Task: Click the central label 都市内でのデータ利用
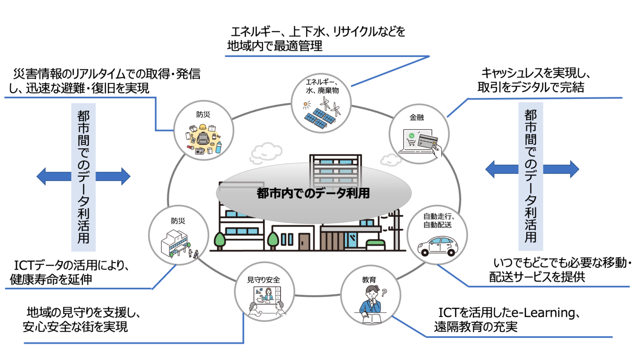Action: click(x=313, y=193)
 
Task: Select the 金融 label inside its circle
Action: click(x=416, y=118)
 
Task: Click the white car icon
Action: click(x=438, y=246)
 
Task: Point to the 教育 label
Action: click(x=369, y=280)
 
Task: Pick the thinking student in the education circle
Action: click(x=372, y=303)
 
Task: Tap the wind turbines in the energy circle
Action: click(x=331, y=106)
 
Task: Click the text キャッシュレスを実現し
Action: click(x=536, y=73)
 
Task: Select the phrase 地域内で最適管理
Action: click(x=275, y=46)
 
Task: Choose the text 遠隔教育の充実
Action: click(x=475, y=327)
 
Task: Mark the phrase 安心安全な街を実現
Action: click(x=75, y=327)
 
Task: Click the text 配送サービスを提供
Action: click(x=537, y=277)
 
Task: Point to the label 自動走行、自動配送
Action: click(x=438, y=220)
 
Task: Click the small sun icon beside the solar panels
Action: click(x=307, y=105)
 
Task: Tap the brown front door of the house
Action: click(x=304, y=242)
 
